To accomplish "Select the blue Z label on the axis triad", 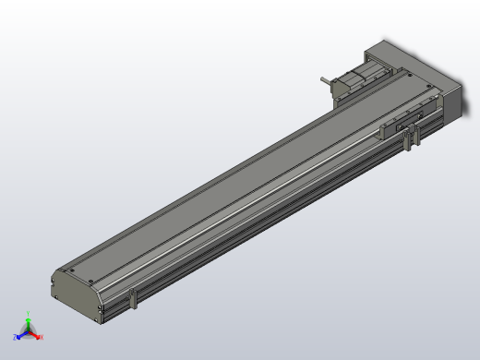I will click(16, 339).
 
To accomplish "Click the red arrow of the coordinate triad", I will click(35, 336).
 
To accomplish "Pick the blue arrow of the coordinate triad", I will click(22, 337).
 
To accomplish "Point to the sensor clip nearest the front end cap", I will click(135, 299).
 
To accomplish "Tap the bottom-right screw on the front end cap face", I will click(96, 315).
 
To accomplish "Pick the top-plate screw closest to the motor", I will click(403, 81).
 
